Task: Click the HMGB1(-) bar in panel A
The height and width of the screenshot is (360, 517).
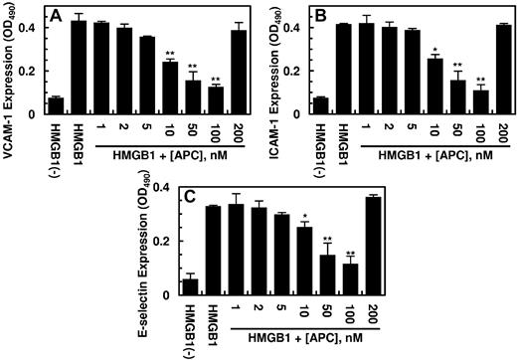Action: [x=57, y=106]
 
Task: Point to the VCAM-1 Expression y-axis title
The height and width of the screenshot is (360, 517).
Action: [x=12, y=63]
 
